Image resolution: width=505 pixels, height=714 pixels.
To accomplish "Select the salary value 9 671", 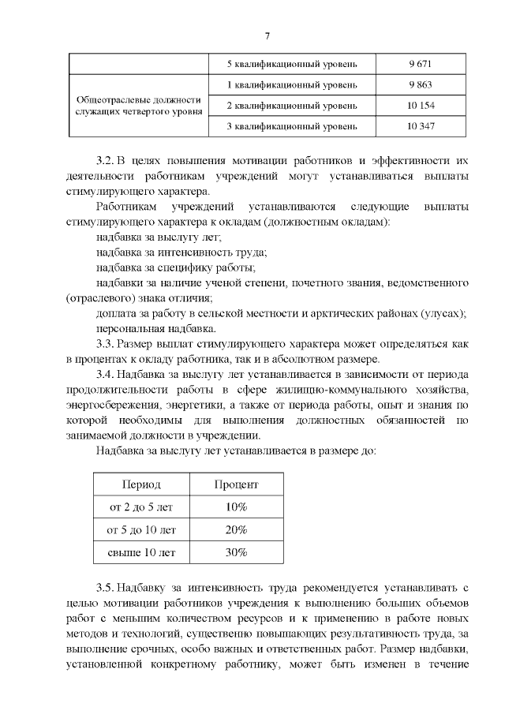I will point(420,63).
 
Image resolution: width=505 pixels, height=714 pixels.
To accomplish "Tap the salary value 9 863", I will point(420,84).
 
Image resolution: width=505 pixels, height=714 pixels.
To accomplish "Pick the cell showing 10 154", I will point(420,106).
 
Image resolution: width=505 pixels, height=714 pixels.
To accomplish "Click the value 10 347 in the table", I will point(420,126).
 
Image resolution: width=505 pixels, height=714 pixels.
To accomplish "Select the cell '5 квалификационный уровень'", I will point(292,63).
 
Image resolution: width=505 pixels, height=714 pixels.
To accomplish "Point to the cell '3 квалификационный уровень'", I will point(292,126).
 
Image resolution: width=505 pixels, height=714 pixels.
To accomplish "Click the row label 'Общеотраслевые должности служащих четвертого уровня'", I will point(138,106).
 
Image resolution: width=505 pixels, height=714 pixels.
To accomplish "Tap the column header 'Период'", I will point(140,484).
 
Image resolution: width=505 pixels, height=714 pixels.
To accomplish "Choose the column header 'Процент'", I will point(236,484).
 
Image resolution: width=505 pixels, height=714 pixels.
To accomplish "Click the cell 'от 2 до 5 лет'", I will point(140,507).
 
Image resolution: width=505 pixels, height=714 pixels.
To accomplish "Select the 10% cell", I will point(236,507).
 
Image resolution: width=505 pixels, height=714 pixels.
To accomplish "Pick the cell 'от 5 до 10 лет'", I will point(140,529).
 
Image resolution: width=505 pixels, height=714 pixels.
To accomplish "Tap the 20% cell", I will point(236,529).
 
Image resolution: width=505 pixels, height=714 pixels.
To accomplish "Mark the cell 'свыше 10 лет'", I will point(140,552).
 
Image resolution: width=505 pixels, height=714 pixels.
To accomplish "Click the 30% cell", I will point(236,552).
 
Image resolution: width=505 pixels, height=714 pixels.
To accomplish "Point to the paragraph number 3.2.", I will point(105,162).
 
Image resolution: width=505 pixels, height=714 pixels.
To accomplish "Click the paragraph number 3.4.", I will point(105,375).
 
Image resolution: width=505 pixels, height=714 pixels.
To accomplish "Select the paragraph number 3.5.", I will point(105,588).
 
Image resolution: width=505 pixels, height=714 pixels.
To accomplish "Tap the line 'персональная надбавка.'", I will point(155,328).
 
